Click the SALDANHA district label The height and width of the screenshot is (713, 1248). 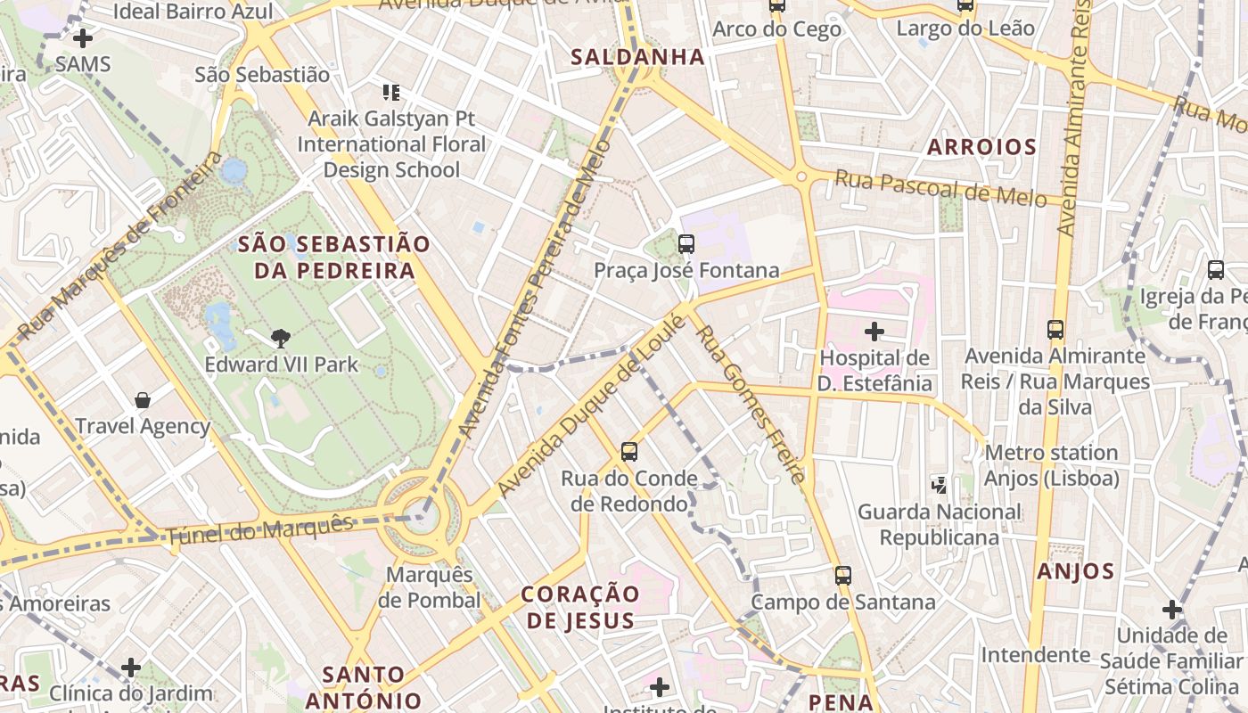(637, 57)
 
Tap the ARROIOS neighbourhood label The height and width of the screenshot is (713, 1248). (981, 147)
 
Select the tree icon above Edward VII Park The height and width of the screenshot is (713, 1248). (281, 338)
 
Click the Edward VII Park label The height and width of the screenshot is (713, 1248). (281, 364)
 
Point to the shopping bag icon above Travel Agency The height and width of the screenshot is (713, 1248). (143, 399)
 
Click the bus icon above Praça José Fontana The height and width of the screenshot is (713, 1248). (686, 243)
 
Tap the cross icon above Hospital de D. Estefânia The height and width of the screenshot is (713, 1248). (874, 332)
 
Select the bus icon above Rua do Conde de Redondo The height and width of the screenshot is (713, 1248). (629, 452)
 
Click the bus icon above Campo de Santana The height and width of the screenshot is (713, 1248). (843, 575)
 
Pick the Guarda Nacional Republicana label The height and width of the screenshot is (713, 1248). (940, 524)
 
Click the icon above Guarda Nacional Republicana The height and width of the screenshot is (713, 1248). (940, 485)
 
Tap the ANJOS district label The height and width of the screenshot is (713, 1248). (1076, 571)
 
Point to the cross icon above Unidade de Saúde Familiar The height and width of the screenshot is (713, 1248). (1172, 610)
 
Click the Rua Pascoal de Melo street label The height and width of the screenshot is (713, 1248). (940, 189)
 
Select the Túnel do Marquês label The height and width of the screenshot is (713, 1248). (260, 530)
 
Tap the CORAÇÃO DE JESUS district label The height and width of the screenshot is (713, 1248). (580, 607)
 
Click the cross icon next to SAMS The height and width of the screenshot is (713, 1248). (83, 38)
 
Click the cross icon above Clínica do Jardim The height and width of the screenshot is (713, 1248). (131, 667)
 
